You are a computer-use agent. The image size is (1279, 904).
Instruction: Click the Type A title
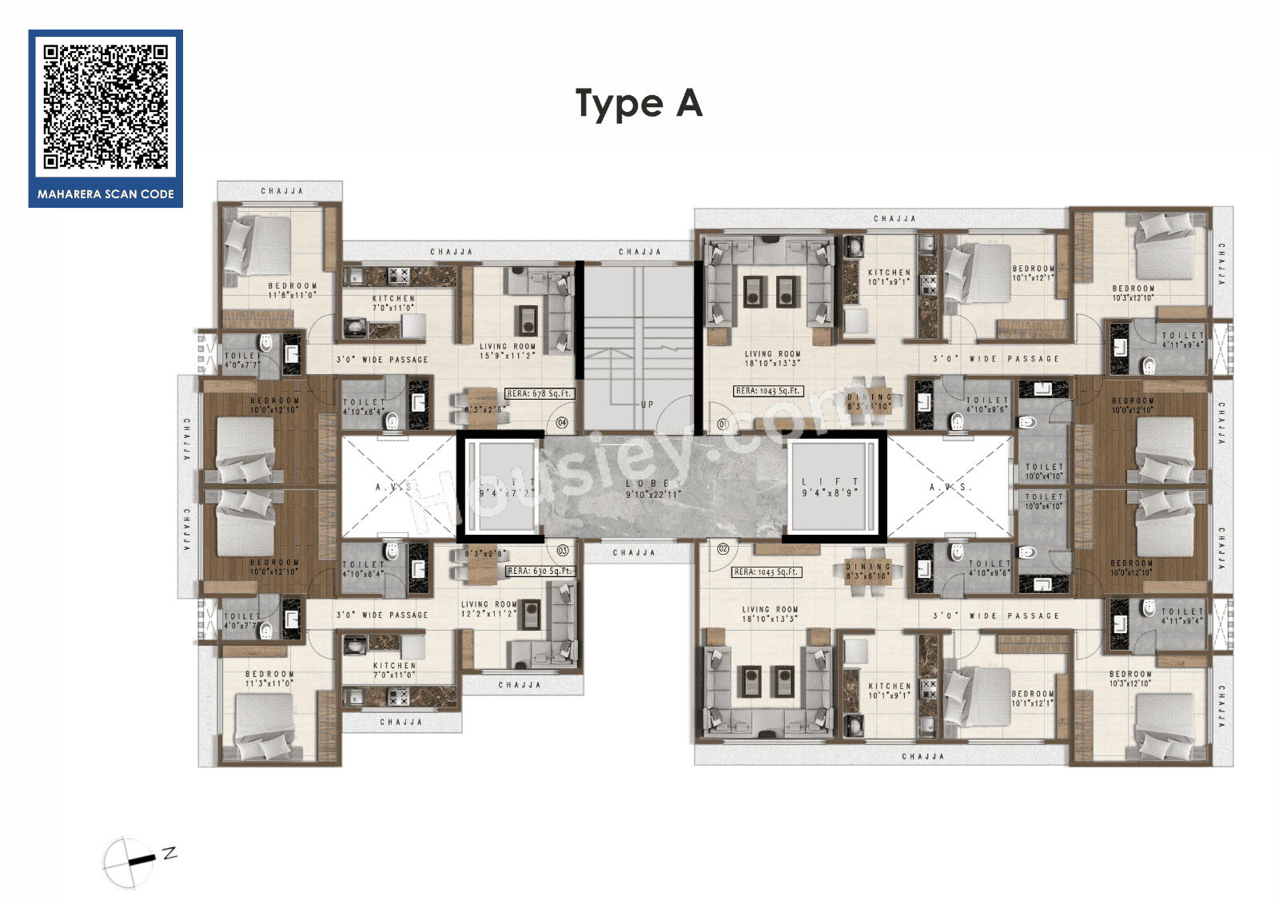pos(639,104)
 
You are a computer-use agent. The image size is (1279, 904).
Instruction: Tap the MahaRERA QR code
pos(106,106)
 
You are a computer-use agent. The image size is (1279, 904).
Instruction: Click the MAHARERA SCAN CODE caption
pos(106,194)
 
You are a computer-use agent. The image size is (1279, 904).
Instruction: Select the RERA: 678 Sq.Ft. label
pos(540,394)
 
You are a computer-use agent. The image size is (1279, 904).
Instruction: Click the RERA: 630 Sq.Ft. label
pos(540,571)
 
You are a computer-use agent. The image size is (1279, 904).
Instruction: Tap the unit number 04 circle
pos(562,423)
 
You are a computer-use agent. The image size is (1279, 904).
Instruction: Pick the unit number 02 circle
pos(723,548)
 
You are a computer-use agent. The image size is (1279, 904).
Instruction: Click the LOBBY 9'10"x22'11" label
pos(652,489)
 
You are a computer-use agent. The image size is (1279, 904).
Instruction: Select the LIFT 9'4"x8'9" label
pos(830,487)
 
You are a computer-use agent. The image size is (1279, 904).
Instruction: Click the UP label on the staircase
pos(647,404)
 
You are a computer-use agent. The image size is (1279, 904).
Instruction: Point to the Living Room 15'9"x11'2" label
pos(508,351)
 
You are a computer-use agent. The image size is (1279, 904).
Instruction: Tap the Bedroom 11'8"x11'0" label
pos(292,289)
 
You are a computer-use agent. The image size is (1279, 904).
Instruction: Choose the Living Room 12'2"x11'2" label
pos(489,609)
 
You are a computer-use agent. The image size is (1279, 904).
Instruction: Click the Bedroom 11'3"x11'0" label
pos(269,679)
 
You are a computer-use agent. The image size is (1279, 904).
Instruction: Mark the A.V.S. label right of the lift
pos(950,487)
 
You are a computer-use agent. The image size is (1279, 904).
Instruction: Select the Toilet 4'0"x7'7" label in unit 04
pos(241,360)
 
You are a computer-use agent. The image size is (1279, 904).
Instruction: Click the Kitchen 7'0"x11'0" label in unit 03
pos(394,670)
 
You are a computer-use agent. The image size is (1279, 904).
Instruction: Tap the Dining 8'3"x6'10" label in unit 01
pos(869,401)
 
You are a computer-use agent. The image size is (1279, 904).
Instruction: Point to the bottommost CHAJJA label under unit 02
pos(922,756)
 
